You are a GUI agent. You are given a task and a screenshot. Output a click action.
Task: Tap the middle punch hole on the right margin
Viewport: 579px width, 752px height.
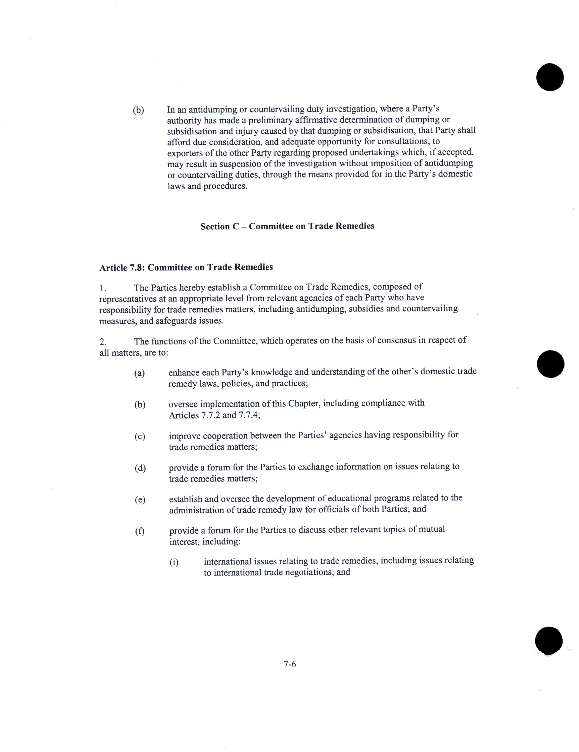550,364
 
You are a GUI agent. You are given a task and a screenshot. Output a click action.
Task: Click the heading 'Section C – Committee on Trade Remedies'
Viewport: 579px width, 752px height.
287,226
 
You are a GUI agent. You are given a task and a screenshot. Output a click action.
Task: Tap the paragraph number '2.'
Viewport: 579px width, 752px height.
103,342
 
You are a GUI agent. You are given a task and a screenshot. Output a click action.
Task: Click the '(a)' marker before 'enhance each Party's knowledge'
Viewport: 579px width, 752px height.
139,373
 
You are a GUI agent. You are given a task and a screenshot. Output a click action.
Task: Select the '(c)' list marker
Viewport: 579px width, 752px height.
140,437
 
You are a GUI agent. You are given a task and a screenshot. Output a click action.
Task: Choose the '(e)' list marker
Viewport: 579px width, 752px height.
140,500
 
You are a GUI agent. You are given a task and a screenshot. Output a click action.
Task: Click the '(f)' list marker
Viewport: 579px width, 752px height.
140,531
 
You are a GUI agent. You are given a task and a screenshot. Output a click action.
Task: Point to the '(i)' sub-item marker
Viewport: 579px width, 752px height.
174,563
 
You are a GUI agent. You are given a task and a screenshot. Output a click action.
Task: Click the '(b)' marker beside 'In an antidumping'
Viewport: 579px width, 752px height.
138,110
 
